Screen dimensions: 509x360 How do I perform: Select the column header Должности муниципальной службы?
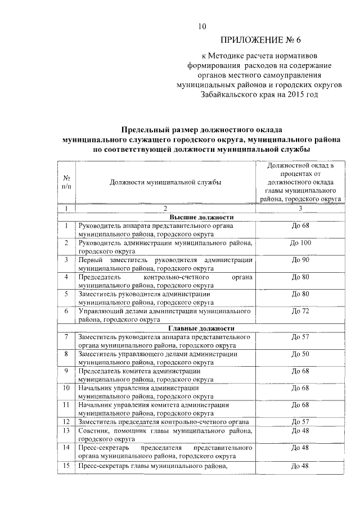pos(165,182)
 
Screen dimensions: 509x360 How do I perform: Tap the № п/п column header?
pos(66,182)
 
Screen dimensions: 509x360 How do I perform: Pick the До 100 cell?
pos(300,243)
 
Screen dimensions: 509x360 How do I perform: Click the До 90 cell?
pos(300,260)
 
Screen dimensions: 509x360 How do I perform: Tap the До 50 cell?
pos(300,354)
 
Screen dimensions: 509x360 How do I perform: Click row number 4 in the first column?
pos(66,277)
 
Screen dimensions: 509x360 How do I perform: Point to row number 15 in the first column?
pos(66,466)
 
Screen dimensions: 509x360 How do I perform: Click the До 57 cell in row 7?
pos(300,337)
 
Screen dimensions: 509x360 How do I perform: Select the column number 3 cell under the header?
pos(300,209)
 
